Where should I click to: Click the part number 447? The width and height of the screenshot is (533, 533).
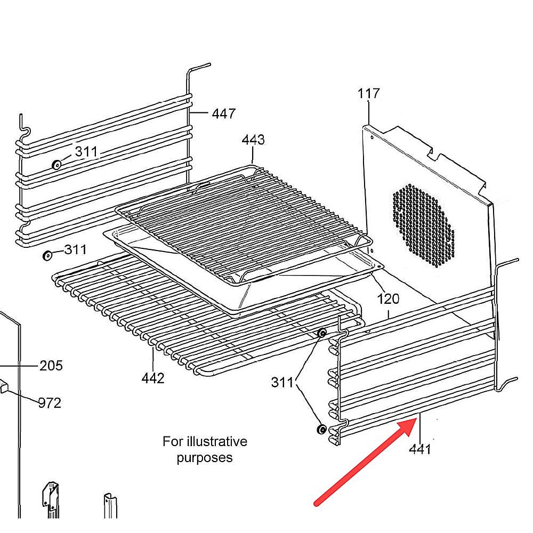pos(223,114)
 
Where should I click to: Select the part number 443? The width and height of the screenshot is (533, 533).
pos(253,140)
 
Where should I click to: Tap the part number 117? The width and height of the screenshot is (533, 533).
pos(368,93)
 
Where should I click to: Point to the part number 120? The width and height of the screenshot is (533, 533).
pos(388,299)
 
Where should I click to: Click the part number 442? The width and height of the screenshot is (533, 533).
pos(153,378)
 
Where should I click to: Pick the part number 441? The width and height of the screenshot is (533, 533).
pos(420,449)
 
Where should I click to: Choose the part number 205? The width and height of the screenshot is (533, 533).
pos(51,366)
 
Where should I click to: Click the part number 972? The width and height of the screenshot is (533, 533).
pos(50,403)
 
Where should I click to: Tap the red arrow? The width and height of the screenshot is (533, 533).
pos(366,462)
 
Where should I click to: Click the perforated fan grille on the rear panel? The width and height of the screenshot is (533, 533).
pos(424,225)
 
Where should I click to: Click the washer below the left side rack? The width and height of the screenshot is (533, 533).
pos(47,255)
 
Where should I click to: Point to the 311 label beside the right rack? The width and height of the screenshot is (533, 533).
pos(282,383)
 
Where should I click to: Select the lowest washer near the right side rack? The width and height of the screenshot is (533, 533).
pos(321,429)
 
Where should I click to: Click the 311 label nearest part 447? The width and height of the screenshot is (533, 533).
pos(86,151)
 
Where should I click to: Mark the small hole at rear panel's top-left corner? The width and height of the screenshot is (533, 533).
pos(372,138)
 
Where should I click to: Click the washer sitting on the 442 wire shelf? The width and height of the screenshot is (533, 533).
pos(322,333)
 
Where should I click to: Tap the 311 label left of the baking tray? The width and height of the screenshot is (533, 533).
pos(76,250)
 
